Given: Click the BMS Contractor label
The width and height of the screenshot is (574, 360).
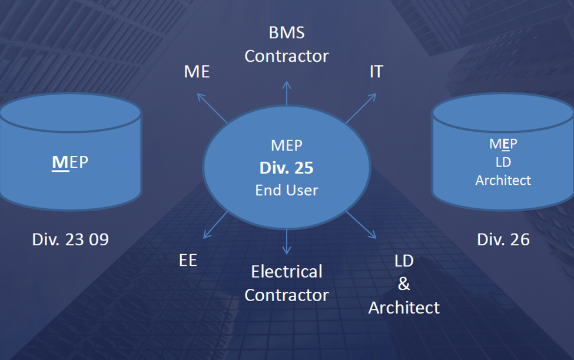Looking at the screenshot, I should pyautogui.click(x=287, y=44).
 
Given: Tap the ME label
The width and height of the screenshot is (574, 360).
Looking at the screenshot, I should pyautogui.click(x=197, y=72).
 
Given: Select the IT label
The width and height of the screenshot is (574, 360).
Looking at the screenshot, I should pyautogui.click(x=376, y=72).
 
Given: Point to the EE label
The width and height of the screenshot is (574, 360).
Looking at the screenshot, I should pyautogui.click(x=188, y=261).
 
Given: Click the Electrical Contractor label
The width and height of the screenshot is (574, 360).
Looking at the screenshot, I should pyautogui.click(x=287, y=283).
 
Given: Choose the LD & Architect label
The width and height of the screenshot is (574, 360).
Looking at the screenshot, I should pyautogui.click(x=404, y=284).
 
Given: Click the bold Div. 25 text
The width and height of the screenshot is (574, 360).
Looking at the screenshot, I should pyautogui.click(x=287, y=168).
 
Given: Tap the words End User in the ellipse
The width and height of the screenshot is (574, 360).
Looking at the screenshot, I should pyautogui.click(x=287, y=190).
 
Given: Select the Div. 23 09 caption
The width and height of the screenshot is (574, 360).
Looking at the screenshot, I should pyautogui.click(x=70, y=239).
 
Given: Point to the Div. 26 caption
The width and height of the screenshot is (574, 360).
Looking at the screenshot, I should pyautogui.click(x=503, y=239).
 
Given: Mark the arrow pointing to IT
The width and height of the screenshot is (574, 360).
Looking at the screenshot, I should pyautogui.click(x=361, y=108).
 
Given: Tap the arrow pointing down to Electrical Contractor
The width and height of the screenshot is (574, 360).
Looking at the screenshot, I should pyautogui.click(x=287, y=242).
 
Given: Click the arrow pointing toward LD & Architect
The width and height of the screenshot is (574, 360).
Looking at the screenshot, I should pyautogui.click(x=361, y=225).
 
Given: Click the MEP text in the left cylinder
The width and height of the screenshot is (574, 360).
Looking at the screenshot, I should pyautogui.click(x=70, y=162).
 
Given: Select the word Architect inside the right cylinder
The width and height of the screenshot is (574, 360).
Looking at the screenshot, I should pyautogui.click(x=503, y=180).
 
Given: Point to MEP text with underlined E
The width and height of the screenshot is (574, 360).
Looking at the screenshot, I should pyautogui.click(x=503, y=144).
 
